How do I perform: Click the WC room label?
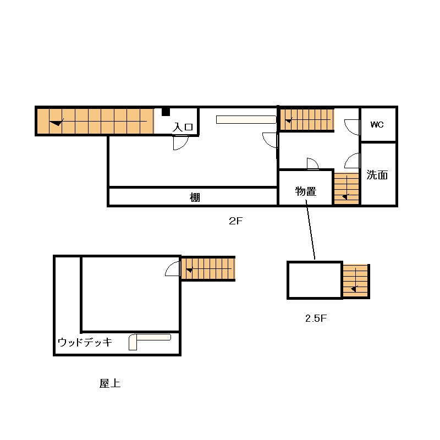[x=377, y=125]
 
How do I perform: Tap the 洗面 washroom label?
[x=377, y=175]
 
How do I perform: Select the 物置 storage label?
[x=306, y=191]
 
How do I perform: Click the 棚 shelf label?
[x=195, y=197]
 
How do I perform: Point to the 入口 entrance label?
[x=183, y=127]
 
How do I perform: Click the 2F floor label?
[x=235, y=221]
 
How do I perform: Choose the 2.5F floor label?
[x=316, y=318]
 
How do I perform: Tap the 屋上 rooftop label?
[x=109, y=383]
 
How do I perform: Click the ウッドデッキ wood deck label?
[x=85, y=342]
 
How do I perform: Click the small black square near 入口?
[x=166, y=112]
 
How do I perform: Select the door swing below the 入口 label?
[x=181, y=142]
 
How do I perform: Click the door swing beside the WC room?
[x=351, y=127]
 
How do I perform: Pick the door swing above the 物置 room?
[x=313, y=164]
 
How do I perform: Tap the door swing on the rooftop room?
[x=172, y=268]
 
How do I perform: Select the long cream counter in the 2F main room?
[x=246, y=119]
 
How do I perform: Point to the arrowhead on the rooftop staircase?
[x=190, y=270]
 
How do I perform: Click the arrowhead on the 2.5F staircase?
[x=354, y=289]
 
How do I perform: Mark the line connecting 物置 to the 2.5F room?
[x=310, y=229]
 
